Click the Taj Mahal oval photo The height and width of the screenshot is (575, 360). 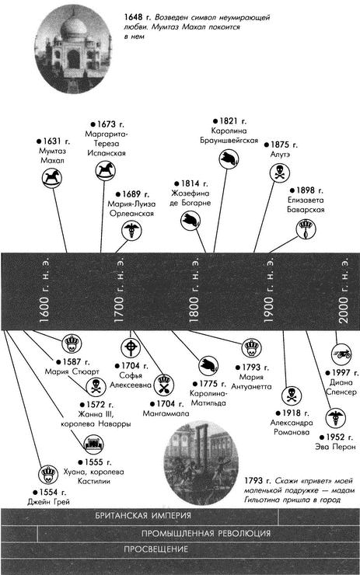(x=72, y=49)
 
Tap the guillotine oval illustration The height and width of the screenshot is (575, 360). (x=201, y=463)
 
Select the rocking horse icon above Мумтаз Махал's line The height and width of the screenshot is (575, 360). (x=51, y=178)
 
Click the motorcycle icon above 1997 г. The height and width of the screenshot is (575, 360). (x=341, y=354)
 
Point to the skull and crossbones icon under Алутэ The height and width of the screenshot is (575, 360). (x=280, y=172)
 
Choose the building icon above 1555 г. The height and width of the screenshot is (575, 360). (x=93, y=444)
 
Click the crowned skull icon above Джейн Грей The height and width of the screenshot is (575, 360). (x=48, y=475)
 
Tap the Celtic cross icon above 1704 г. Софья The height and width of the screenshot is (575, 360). (x=131, y=347)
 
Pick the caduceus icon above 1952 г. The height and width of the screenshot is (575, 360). (x=335, y=418)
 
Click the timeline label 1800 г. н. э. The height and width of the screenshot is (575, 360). (x=194, y=291)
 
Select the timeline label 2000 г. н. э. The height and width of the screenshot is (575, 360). (x=344, y=291)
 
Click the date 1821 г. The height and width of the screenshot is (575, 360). (x=230, y=121)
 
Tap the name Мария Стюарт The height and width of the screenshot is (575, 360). (x=72, y=371)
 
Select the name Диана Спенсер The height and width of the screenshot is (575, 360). (x=341, y=387)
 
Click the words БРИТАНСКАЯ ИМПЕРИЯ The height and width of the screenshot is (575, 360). (x=143, y=515)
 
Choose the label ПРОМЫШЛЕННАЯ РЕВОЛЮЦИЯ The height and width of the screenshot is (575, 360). (x=206, y=534)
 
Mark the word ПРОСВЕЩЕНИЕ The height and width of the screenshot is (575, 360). (x=156, y=549)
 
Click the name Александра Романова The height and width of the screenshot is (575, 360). (x=292, y=427)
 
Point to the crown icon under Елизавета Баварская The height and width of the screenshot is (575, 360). (x=306, y=229)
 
